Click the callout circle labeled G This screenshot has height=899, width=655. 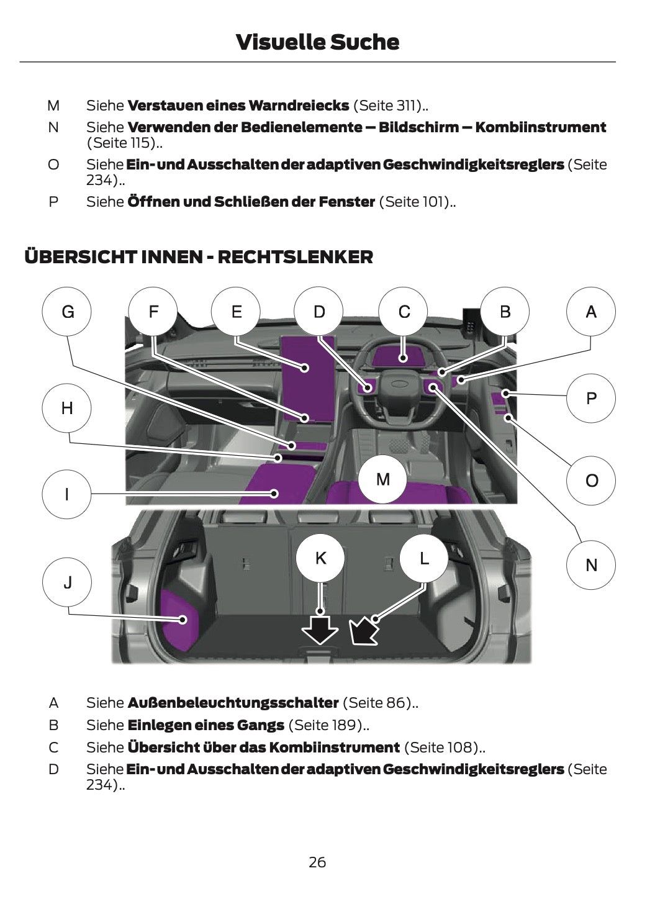point(66,311)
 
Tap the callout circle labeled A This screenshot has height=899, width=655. point(591,311)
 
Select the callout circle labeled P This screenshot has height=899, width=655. point(591,398)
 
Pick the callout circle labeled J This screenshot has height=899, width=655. point(67,582)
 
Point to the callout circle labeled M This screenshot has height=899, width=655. point(383,479)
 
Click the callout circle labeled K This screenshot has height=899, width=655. point(320,558)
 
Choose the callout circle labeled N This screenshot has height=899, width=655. point(591,565)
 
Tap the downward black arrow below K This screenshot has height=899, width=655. point(320,630)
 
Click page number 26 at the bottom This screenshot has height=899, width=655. point(317,862)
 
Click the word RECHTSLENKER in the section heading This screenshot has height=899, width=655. point(296,257)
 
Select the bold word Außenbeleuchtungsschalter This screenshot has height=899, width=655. point(233,702)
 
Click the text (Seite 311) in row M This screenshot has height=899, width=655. point(388,106)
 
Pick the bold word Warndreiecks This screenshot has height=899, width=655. point(299,106)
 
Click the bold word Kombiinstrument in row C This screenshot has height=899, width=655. point(334,748)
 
